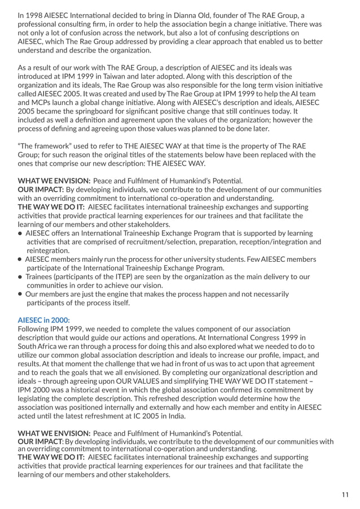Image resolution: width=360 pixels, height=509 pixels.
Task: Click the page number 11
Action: click(x=345, y=495)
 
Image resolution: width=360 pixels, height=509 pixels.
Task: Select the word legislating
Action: click(x=40, y=398)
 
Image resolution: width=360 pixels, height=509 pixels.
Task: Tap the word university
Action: click(x=221, y=259)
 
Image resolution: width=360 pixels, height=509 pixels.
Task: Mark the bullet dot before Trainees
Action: click(x=20, y=277)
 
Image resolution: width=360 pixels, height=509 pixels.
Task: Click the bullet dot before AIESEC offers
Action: click(x=20, y=233)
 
